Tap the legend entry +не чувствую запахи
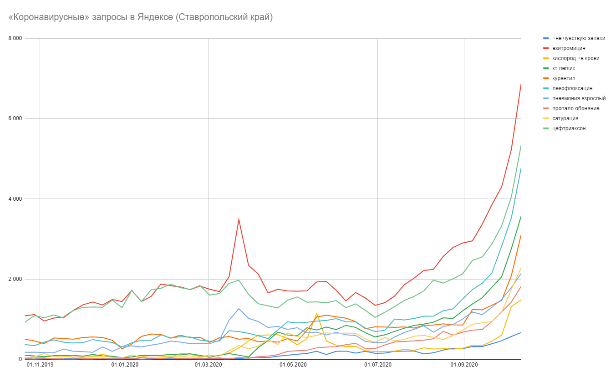[578, 38]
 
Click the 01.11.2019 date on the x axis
[40, 365]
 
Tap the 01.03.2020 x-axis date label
[208, 365]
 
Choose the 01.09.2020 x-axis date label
[464, 365]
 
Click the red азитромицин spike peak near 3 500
[239, 219]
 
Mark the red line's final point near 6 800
[520, 84]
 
